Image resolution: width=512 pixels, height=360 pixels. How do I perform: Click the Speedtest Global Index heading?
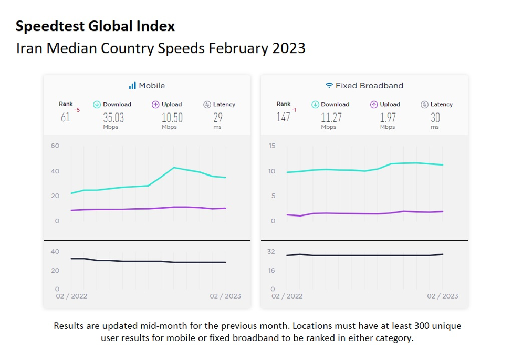[x=95, y=26]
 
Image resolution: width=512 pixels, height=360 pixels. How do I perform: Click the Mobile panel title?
[x=152, y=85]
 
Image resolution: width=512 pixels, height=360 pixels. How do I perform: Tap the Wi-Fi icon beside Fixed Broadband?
[x=329, y=85]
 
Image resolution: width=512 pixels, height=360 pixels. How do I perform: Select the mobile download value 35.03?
[x=113, y=117]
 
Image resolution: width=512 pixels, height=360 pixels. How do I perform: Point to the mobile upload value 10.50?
[x=172, y=117]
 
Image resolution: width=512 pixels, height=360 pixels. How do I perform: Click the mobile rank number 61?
[x=65, y=117]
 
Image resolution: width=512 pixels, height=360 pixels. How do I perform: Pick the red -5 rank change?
[x=77, y=110]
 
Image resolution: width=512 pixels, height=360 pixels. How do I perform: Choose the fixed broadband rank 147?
[x=283, y=117]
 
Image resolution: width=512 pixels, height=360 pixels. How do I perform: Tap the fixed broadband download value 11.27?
[x=331, y=117]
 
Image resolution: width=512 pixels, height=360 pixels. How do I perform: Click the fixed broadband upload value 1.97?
[x=388, y=117]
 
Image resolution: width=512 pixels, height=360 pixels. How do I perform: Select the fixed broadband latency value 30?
[x=435, y=117]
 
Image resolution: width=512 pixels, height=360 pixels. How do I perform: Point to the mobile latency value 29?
[x=217, y=117]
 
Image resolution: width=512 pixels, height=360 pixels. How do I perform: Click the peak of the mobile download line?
[x=174, y=168]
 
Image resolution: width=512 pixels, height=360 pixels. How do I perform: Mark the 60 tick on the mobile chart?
[x=55, y=146]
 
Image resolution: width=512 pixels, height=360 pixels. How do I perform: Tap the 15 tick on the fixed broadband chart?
[x=272, y=146]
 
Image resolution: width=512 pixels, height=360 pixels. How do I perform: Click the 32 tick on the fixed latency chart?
[x=271, y=252]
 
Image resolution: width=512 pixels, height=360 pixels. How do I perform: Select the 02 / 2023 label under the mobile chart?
[x=225, y=296]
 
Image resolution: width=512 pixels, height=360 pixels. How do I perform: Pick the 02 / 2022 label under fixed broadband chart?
[x=287, y=296]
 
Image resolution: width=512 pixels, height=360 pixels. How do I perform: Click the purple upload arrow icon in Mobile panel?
[x=155, y=105]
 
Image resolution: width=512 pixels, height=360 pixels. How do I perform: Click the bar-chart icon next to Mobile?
[x=132, y=85]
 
